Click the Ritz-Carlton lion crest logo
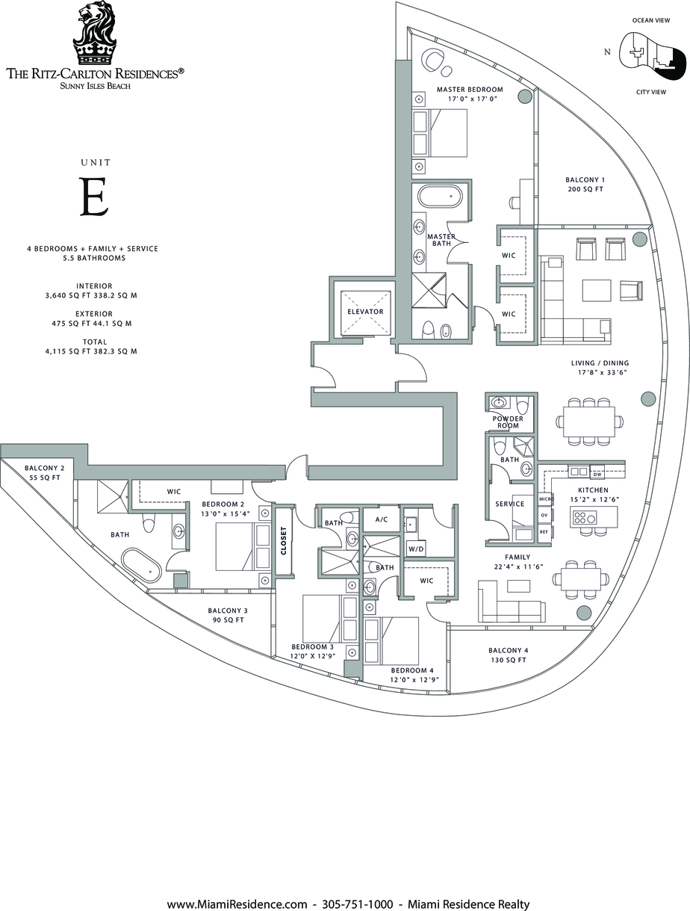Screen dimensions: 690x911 point(95,33)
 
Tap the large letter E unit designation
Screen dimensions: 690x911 point(95,197)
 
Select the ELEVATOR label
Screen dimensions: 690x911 point(365,312)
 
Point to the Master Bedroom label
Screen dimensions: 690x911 point(470,89)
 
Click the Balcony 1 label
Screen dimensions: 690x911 point(585,179)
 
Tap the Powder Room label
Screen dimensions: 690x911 point(508,421)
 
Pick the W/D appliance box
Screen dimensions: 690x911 point(417,549)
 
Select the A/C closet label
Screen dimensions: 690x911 point(381,519)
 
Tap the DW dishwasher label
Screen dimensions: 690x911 point(597,474)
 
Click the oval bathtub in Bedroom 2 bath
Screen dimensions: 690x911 point(141,565)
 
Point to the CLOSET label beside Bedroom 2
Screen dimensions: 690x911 point(284,540)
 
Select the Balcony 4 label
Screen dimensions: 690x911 point(508,650)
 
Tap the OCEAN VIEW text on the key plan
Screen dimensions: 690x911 point(651,20)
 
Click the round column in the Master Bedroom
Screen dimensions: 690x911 point(524,96)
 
